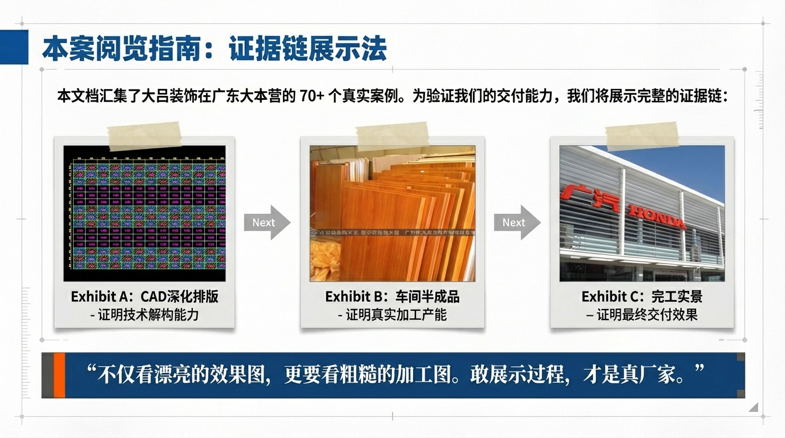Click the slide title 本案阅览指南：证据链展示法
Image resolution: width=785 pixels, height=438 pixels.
215,49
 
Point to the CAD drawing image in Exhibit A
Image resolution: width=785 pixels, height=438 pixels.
144,213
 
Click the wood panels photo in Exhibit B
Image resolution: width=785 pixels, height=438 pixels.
392,213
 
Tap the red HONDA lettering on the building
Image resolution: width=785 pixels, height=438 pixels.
657,217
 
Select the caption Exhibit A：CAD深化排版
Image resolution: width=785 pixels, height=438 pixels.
144,297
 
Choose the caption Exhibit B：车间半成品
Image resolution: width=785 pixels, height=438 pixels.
392,297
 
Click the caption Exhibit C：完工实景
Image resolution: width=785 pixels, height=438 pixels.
642,297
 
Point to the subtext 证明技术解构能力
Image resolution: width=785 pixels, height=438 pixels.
148,314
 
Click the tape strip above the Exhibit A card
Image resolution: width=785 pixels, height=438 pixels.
144,136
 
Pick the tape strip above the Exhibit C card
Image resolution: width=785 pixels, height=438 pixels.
642,136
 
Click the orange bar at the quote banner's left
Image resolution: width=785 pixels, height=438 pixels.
59,375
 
